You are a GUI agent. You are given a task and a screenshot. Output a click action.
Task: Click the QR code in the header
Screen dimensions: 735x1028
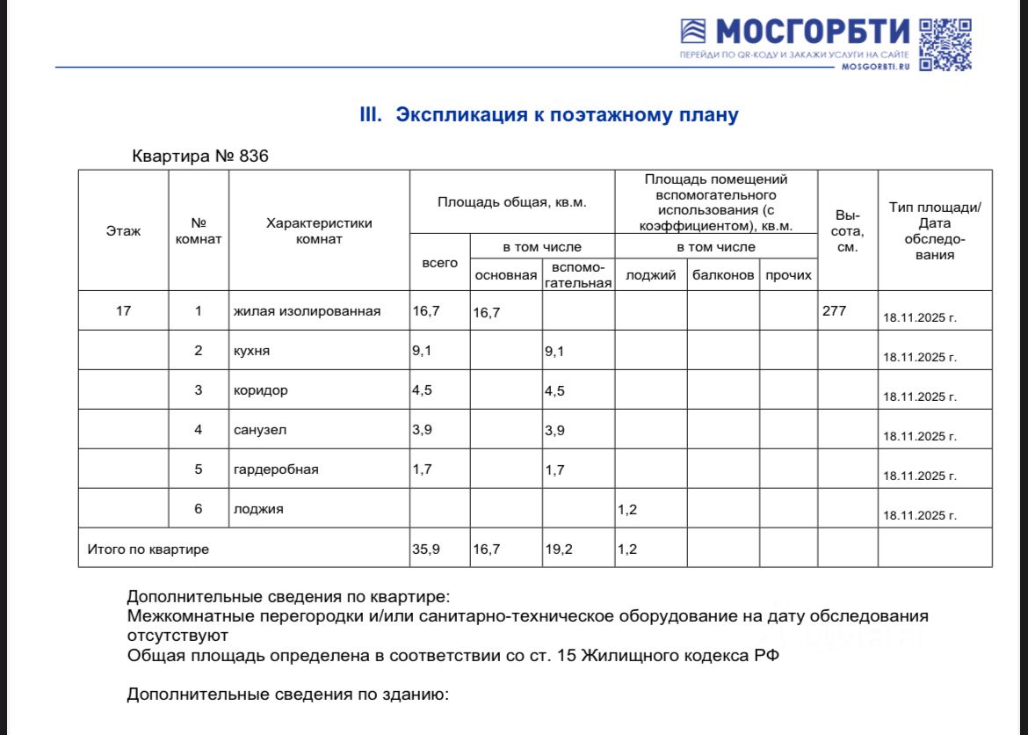click(x=945, y=44)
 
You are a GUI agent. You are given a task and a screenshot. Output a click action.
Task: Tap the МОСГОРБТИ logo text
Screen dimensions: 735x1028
click(x=813, y=33)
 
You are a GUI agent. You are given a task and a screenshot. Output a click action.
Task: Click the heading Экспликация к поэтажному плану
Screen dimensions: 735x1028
click(x=549, y=115)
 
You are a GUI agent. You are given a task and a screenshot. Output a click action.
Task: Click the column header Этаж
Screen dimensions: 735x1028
click(x=123, y=231)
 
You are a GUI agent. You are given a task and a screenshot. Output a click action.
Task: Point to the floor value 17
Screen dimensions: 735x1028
click(x=123, y=310)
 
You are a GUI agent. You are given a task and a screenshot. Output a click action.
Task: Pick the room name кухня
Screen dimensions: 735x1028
click(x=251, y=350)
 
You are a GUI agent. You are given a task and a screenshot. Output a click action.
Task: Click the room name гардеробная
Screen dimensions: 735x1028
click(x=276, y=469)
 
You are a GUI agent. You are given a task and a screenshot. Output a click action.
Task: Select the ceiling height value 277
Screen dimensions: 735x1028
click(x=833, y=310)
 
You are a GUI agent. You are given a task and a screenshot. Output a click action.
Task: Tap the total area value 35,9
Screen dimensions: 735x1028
click(x=426, y=549)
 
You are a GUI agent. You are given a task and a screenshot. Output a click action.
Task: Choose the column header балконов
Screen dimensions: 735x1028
click(x=723, y=275)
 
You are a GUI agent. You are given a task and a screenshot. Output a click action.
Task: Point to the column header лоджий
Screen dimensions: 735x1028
click(x=650, y=275)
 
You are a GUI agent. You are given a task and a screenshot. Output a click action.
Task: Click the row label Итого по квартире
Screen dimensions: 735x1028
click(x=148, y=549)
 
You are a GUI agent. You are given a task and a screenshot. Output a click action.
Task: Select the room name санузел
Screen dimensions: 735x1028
click(x=259, y=430)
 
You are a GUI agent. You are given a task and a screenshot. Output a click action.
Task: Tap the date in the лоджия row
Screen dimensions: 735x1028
click(x=920, y=515)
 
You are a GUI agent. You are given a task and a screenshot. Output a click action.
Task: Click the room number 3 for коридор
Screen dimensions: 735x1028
click(x=199, y=390)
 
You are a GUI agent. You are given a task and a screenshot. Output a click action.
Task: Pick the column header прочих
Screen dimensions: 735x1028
click(x=788, y=275)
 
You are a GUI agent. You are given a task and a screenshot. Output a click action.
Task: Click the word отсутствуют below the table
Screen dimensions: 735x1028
click(x=177, y=635)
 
